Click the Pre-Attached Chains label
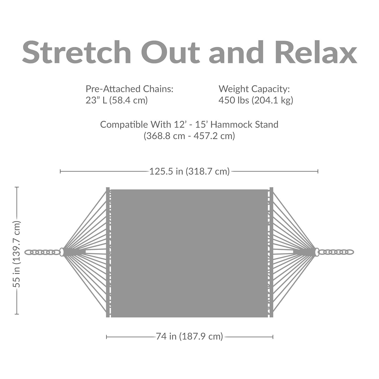click(x=129, y=89)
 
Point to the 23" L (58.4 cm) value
click(x=116, y=100)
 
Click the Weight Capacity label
click(x=254, y=89)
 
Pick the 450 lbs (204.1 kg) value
click(x=256, y=100)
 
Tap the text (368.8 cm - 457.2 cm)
click(x=189, y=136)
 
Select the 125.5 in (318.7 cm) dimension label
click(x=189, y=171)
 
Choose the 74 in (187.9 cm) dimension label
click(x=189, y=337)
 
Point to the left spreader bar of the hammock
click(x=108, y=252)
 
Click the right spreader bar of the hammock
click(x=271, y=252)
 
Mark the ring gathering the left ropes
click(x=62, y=252)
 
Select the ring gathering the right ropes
click(x=317, y=252)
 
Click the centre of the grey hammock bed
click(x=189, y=253)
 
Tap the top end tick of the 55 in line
click(x=17, y=187)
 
